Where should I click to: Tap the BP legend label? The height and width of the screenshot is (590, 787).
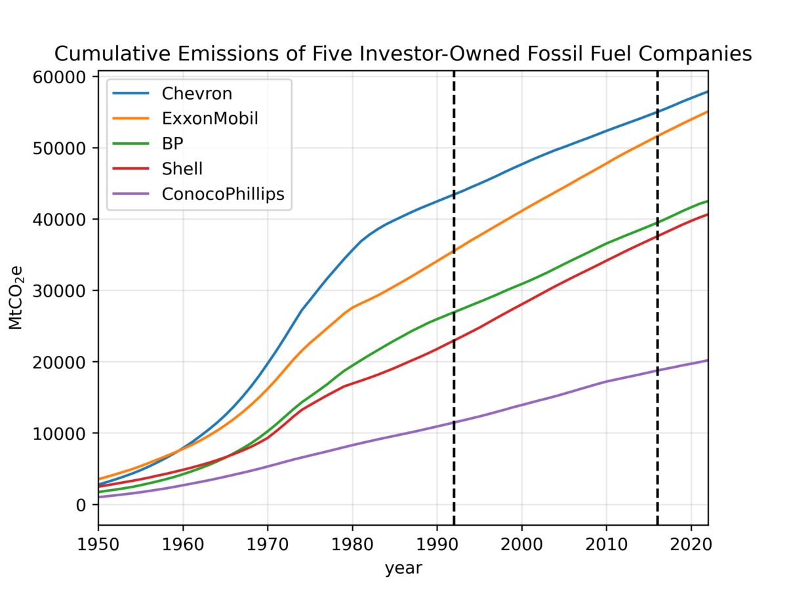click(172, 144)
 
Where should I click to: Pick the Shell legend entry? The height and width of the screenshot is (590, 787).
click(182, 168)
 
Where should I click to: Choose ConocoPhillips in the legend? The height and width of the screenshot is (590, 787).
click(226, 194)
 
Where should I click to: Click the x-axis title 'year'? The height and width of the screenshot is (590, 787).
click(403, 568)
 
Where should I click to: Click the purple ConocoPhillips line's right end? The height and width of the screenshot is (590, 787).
click(707, 361)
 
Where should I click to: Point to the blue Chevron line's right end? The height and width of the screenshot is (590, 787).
click(707, 92)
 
